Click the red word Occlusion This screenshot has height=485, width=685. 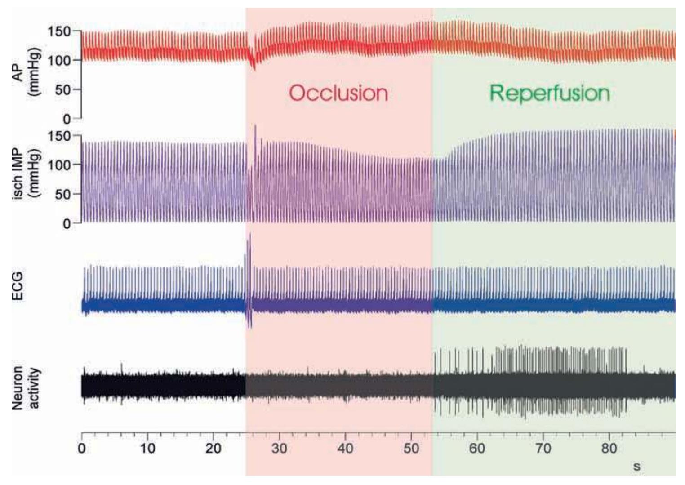point(338,93)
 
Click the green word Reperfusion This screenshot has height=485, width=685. point(549,93)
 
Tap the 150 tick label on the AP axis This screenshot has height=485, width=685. point(59,31)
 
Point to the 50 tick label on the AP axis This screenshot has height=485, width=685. point(64,89)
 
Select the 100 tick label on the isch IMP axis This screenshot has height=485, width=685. point(59,165)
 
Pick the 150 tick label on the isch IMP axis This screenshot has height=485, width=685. point(59,136)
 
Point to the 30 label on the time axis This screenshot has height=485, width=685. point(279,449)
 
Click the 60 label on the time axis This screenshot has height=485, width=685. point(477,449)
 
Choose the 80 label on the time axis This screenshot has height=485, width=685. point(609,449)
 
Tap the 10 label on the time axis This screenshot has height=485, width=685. point(147,449)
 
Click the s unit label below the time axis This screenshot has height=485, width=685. point(636,467)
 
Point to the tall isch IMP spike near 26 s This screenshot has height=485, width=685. point(255,130)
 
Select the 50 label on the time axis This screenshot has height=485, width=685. point(411,449)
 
